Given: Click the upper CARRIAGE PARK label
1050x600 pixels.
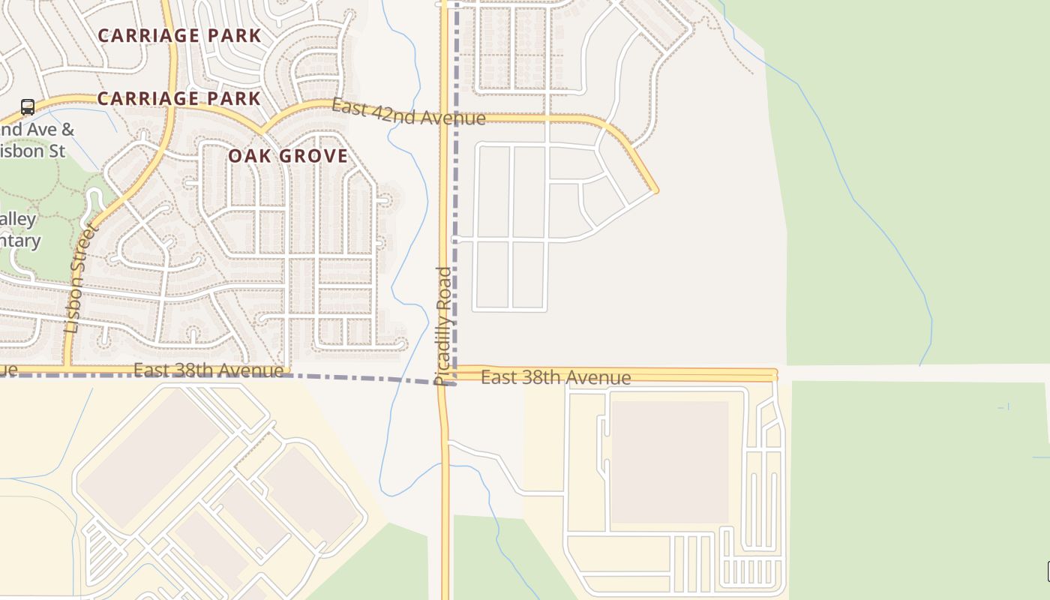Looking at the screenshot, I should [179, 35].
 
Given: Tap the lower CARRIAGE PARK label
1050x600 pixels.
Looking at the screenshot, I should [179, 98].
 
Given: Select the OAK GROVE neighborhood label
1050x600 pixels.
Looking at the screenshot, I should [288, 156].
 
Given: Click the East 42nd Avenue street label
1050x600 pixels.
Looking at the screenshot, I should [409, 112].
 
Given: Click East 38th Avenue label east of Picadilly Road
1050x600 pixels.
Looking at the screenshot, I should [555, 377].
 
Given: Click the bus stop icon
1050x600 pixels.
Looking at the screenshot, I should [28, 107].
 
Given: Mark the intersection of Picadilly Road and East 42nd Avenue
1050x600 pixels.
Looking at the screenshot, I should [444, 118].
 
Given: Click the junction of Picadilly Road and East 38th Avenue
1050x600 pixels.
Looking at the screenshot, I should [444, 373].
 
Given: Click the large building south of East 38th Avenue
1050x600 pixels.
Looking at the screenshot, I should [670, 462].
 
